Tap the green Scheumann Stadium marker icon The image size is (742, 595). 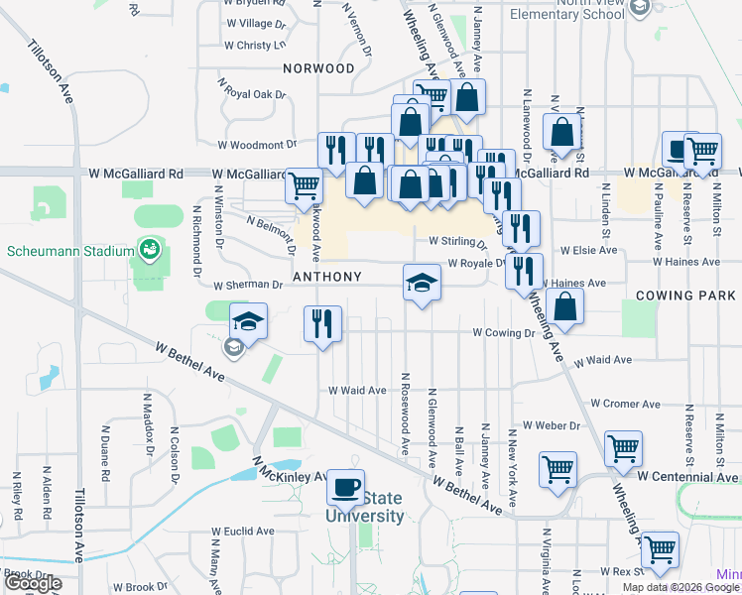(149, 247)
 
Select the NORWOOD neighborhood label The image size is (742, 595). (317, 68)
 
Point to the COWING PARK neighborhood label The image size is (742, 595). (684, 296)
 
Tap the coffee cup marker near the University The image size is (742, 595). (345, 487)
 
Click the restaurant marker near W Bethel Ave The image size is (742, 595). (322, 323)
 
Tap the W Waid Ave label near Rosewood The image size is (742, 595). (357, 391)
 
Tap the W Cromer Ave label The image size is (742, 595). (625, 405)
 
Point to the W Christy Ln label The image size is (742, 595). (255, 46)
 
